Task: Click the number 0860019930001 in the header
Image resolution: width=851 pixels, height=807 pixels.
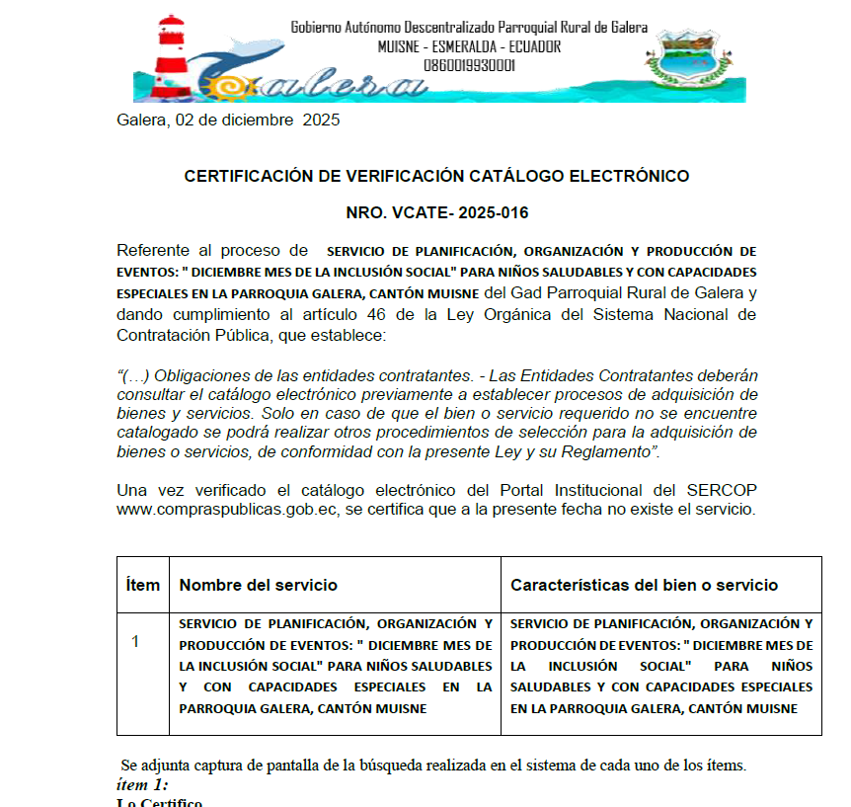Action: click(469, 65)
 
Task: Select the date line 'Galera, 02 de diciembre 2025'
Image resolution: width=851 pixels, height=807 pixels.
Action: click(228, 121)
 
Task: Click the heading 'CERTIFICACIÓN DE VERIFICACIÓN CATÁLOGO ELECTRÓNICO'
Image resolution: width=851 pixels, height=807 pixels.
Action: click(436, 177)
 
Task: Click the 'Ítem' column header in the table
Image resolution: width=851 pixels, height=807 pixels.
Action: click(143, 585)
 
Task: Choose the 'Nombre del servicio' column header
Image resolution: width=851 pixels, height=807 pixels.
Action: click(258, 585)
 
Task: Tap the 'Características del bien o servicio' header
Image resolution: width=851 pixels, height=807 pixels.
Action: click(644, 585)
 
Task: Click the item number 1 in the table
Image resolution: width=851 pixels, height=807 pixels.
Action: click(136, 642)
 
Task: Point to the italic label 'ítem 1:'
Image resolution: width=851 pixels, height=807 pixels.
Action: click(142, 785)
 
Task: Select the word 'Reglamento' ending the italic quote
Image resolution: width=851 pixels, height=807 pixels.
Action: click(602, 451)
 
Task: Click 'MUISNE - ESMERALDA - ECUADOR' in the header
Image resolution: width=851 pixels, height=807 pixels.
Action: click(469, 46)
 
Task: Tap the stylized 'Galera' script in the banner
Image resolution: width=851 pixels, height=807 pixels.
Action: click(326, 85)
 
